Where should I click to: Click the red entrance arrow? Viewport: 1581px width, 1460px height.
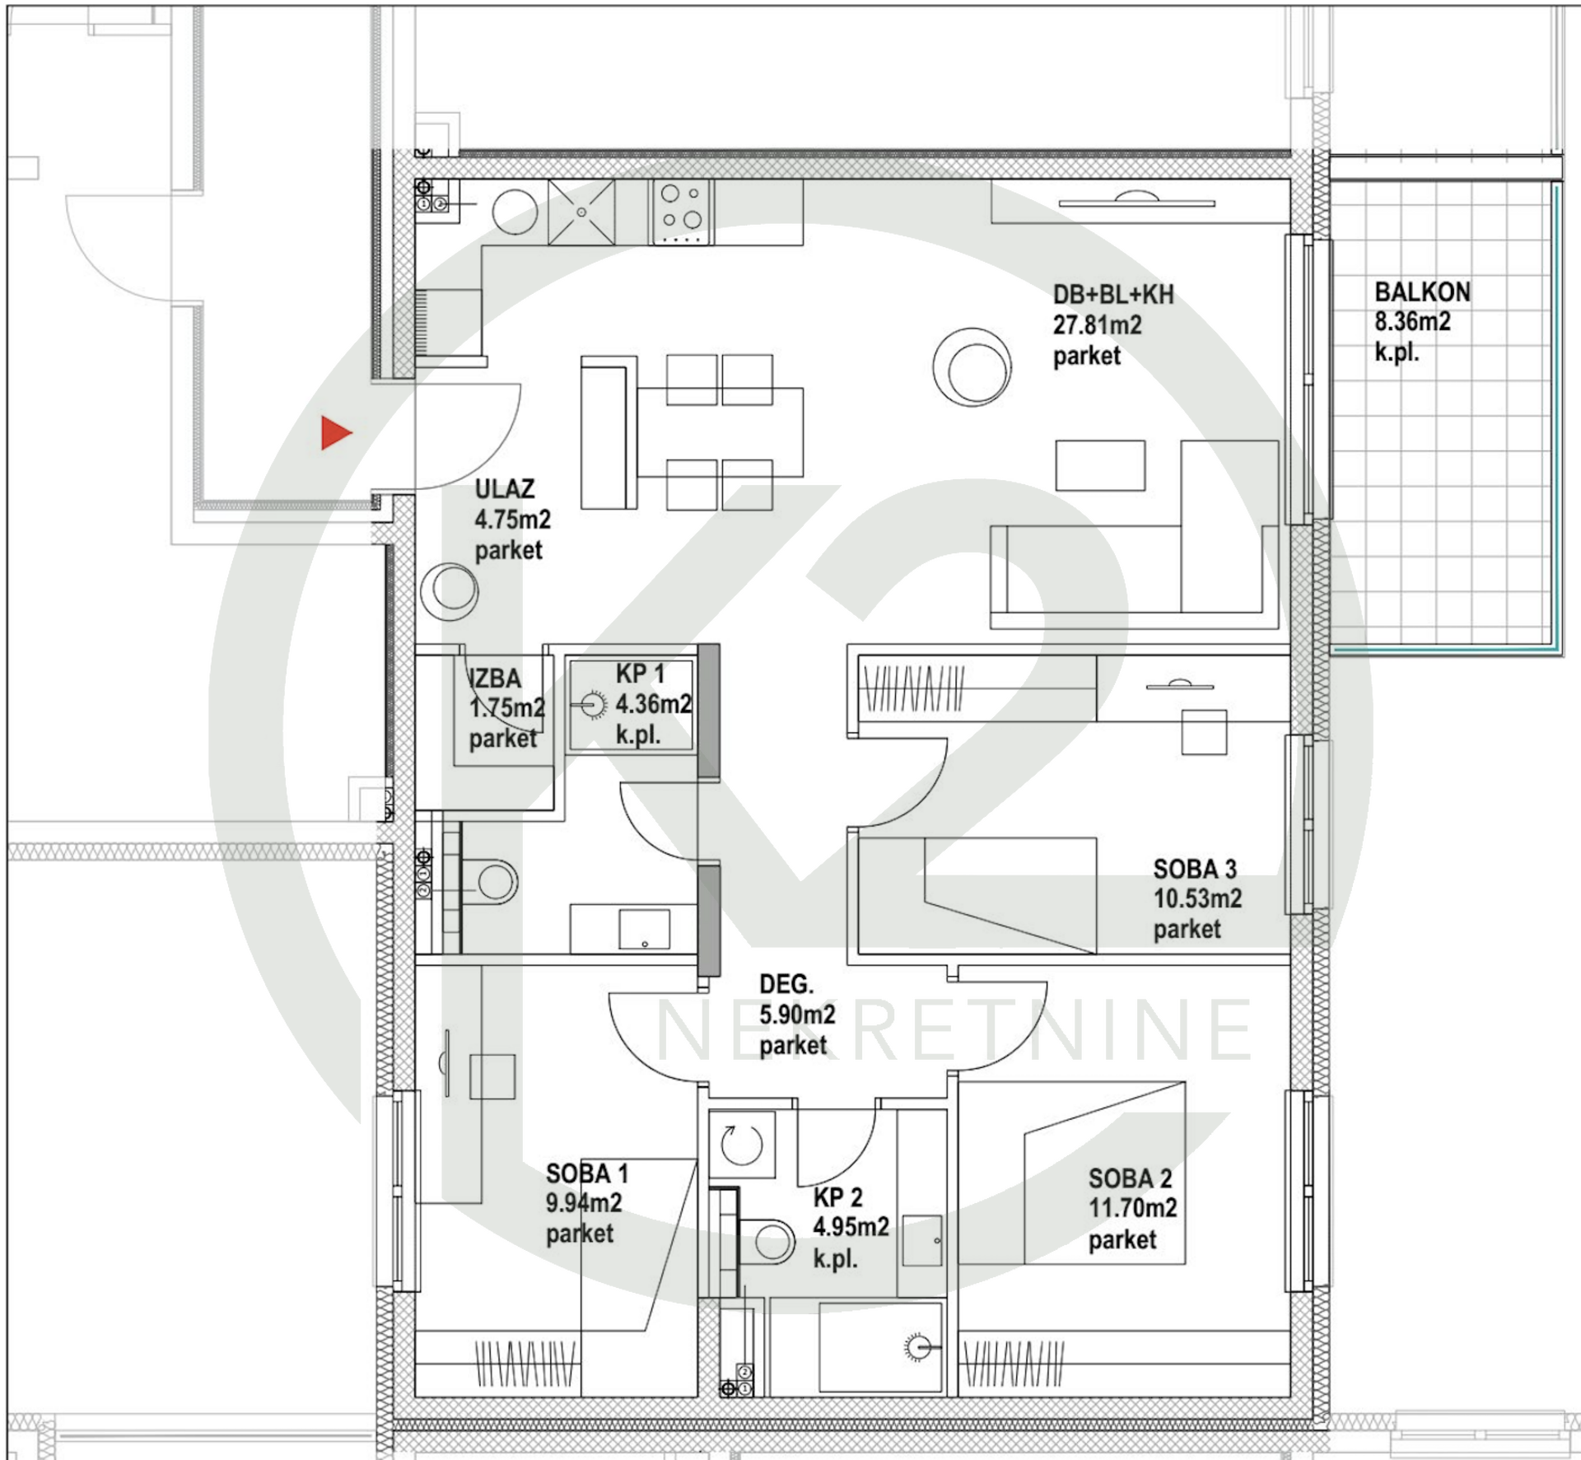pyautogui.click(x=335, y=433)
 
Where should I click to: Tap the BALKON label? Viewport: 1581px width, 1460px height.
pyautogui.click(x=1422, y=292)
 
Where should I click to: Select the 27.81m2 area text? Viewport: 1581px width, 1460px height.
pyautogui.click(x=1097, y=325)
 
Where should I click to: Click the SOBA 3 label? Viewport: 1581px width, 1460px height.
pyautogui.click(x=1194, y=869)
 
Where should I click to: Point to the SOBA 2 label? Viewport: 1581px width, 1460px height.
pyautogui.click(x=1130, y=1178)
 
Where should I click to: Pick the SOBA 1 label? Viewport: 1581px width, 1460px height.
pyautogui.click(x=586, y=1173)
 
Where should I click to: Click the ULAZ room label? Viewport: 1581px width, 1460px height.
pyautogui.click(x=504, y=489)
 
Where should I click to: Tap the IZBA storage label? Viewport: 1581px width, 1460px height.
pyautogui.click(x=495, y=679)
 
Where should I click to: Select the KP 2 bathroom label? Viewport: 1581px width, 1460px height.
pyautogui.click(x=837, y=1197)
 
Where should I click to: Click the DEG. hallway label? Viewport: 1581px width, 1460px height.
pyautogui.click(x=786, y=984)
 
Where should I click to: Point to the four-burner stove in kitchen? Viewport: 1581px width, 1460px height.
pyautogui.click(x=682, y=212)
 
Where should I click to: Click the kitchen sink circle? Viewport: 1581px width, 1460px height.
pyautogui.click(x=515, y=212)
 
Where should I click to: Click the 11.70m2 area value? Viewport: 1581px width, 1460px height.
pyautogui.click(x=1132, y=1209)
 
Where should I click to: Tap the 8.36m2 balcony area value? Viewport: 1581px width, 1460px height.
pyautogui.click(x=1412, y=322)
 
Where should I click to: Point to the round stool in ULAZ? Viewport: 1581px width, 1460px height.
pyautogui.click(x=449, y=590)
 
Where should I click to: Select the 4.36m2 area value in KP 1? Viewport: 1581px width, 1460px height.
pyautogui.click(x=653, y=705)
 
